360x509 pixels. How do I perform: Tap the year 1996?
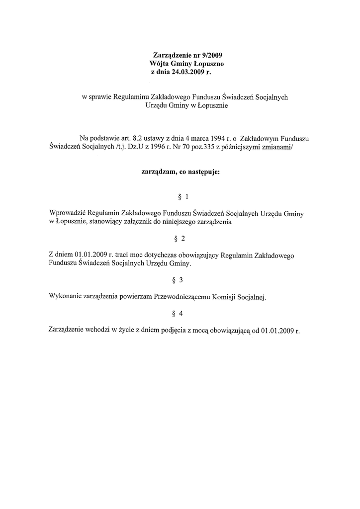153,147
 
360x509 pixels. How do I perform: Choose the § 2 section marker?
181,239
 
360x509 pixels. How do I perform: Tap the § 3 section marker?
181,279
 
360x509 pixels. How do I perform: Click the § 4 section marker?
181,313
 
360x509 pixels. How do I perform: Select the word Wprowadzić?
67,213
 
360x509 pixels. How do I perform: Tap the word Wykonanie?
65,297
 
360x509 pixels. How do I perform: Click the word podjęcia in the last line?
178,331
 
